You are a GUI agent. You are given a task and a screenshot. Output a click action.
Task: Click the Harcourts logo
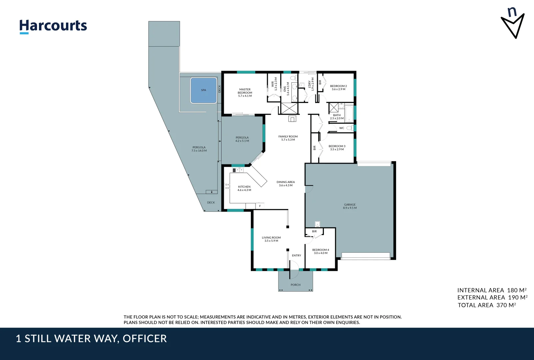53,26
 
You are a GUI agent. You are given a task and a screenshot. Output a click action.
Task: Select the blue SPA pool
203,90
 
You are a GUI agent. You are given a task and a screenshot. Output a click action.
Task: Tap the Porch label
295,285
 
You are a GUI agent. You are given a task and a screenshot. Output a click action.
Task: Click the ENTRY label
296,256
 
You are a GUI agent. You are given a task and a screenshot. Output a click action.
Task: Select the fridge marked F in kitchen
260,206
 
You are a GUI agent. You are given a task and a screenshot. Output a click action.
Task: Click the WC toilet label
342,128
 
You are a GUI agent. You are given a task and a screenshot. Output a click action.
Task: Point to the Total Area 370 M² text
487,305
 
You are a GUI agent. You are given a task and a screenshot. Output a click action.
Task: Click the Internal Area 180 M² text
492,290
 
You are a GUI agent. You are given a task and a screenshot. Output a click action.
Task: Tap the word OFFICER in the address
145,339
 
